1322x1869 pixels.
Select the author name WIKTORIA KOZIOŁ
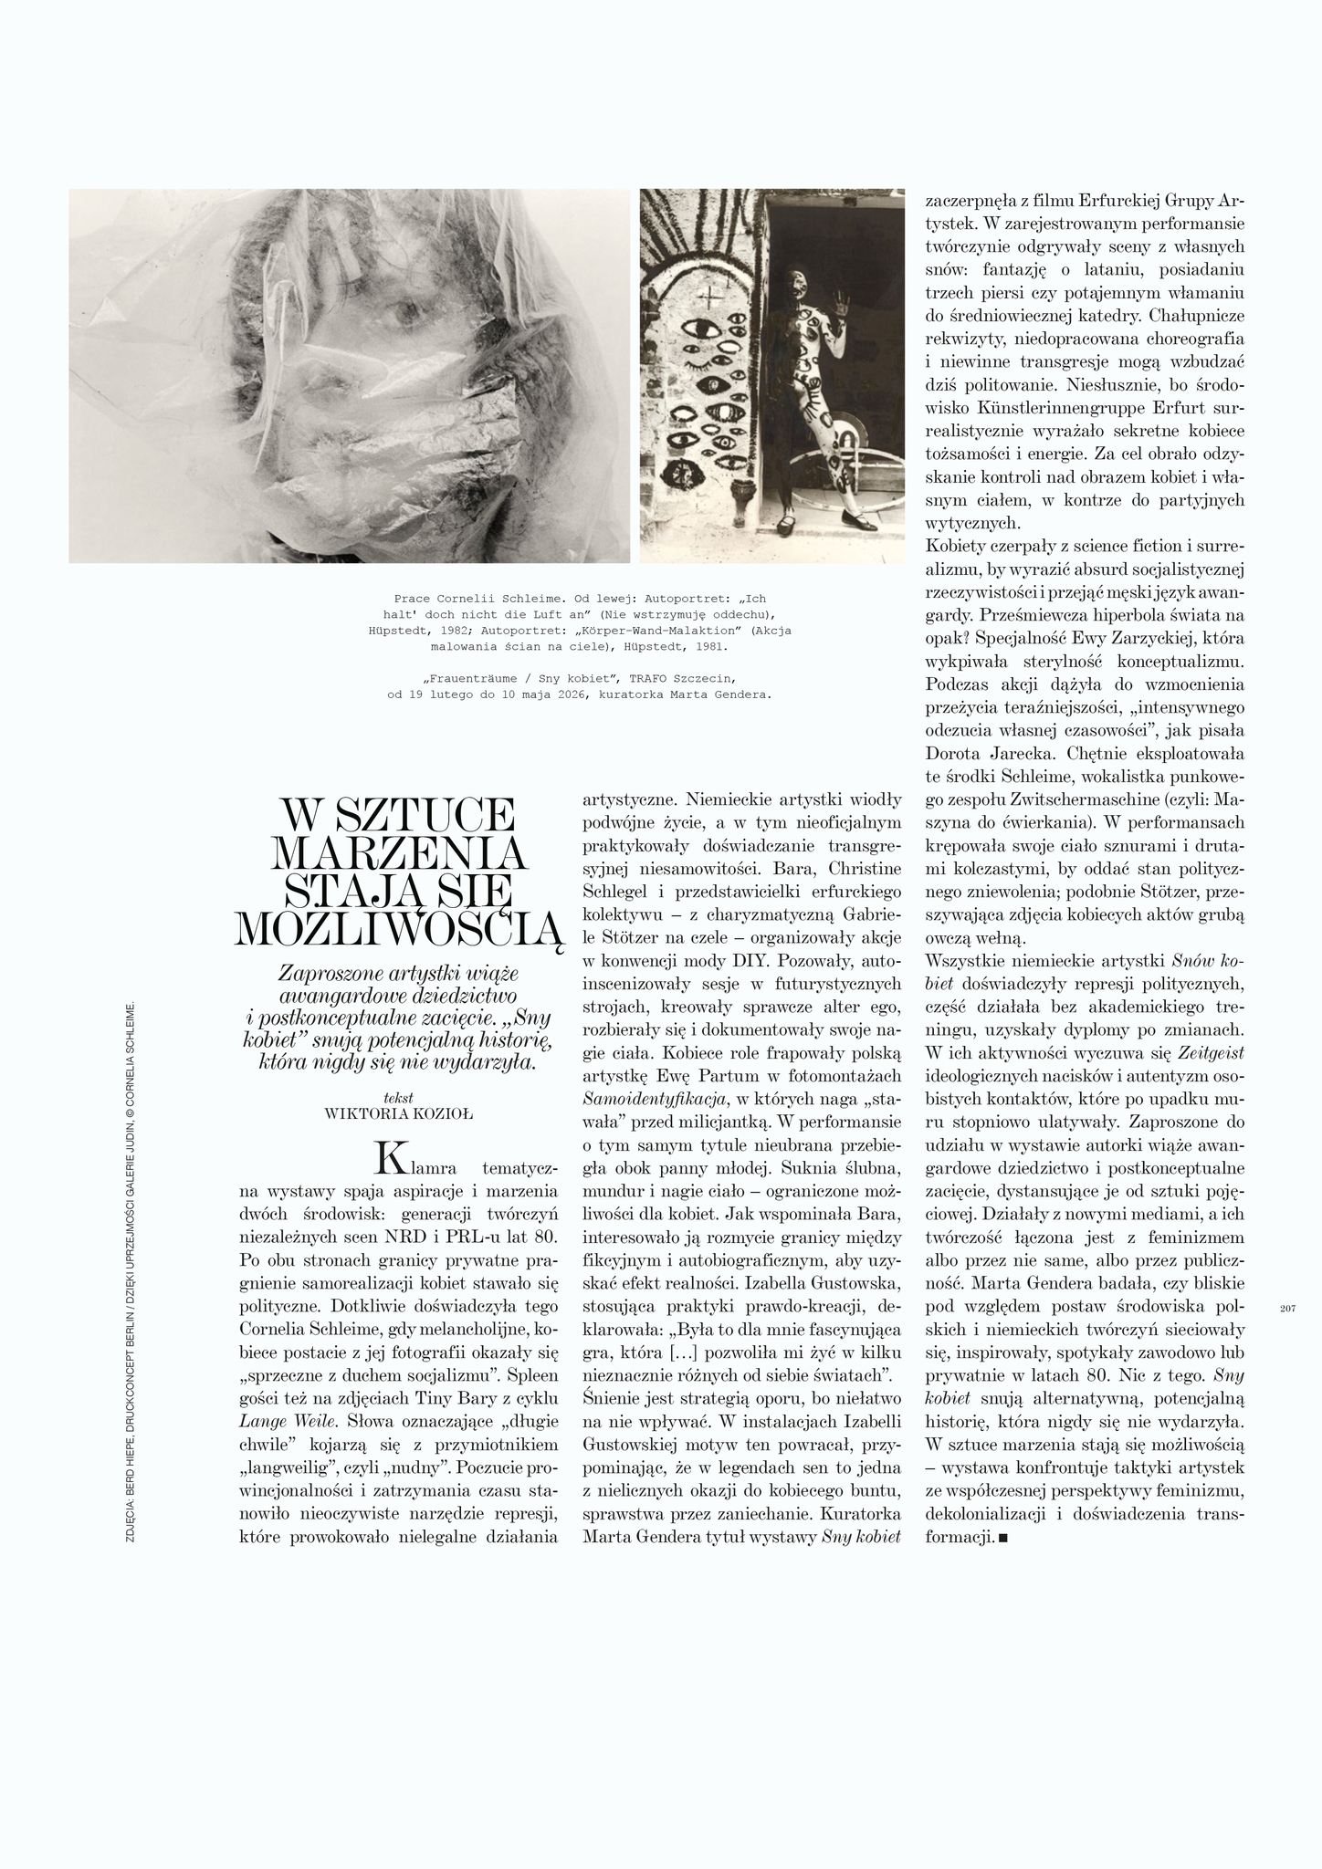399,1113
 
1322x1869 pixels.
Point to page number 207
1288,1309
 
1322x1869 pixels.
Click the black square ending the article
1003,1539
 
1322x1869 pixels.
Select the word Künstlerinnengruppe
1063,405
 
